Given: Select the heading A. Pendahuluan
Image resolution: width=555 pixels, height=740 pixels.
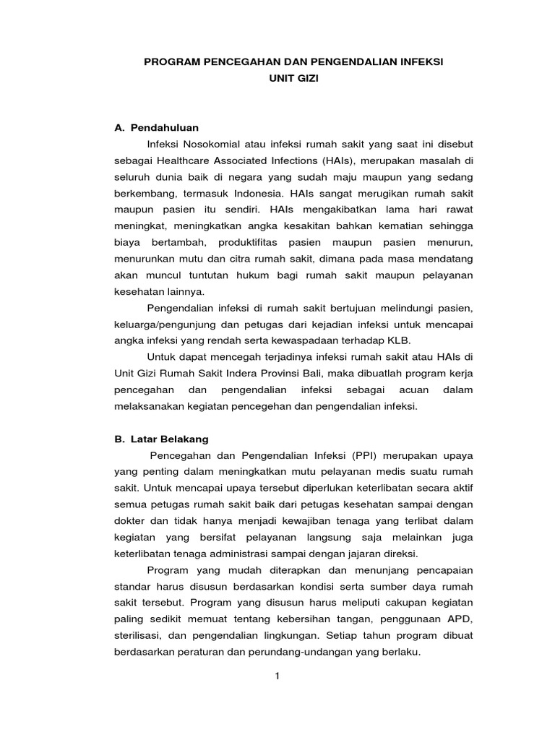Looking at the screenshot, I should pyautogui.click(x=157, y=127).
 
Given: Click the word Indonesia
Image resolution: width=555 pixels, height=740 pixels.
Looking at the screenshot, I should pyautogui.click(x=259, y=193).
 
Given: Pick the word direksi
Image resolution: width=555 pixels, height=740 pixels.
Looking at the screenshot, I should pyautogui.click(x=401, y=554).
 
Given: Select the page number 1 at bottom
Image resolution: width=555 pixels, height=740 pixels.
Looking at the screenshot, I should pyautogui.click(x=277, y=676).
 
